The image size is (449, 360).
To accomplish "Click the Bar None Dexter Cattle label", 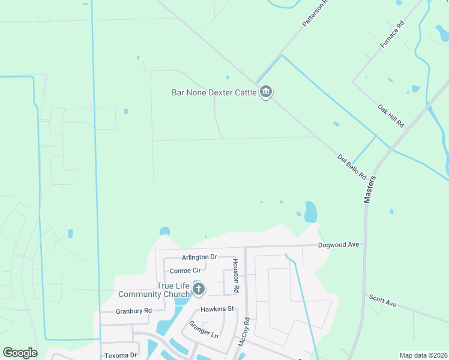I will pos(214,92).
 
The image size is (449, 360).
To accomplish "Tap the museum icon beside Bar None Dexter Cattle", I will pos(266,92).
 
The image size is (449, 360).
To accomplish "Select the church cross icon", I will pos(199,290).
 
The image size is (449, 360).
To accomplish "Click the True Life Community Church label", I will pos(154,290).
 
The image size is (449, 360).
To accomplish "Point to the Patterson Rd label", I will pos(316,13).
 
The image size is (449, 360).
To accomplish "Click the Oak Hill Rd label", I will pos(391,116).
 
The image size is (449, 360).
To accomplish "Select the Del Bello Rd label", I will pos(352,167).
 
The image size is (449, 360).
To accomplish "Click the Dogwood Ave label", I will pos(338,245).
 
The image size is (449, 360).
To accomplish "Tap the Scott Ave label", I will pos(383,301).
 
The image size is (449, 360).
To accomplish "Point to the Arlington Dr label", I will pos(199,257).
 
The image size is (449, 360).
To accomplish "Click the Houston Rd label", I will pos(236,275).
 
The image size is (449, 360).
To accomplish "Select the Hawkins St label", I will pos(217,309).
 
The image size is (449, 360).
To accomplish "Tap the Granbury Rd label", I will pos(134,311).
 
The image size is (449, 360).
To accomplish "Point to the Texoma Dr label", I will pos(121,355).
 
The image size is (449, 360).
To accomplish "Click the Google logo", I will pos(20,353).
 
